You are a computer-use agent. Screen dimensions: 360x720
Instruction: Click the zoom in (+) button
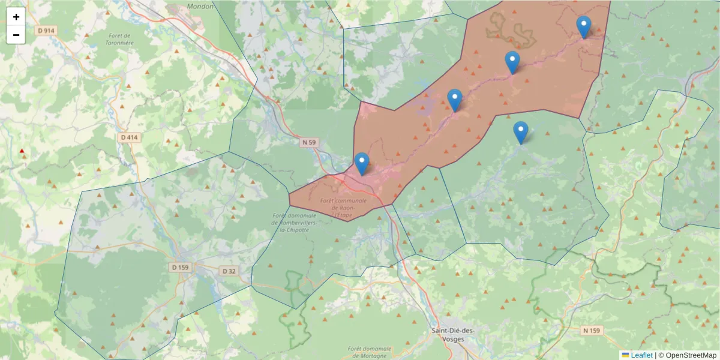(x=16, y=17)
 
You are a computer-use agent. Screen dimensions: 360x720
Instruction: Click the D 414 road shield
(x=129, y=137)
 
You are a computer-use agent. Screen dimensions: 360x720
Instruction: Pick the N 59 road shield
(x=309, y=142)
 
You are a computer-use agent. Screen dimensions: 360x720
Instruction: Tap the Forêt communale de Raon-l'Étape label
(x=343, y=208)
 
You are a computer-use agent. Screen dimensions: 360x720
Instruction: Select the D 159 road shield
(x=180, y=267)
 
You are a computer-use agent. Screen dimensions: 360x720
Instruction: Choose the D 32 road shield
(x=229, y=271)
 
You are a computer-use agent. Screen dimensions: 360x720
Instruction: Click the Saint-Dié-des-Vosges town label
(x=453, y=334)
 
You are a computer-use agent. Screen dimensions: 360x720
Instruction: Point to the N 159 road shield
(x=591, y=331)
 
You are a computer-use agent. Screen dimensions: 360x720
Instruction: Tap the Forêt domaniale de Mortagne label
(x=369, y=352)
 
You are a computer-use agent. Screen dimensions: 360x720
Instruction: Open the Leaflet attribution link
(x=641, y=355)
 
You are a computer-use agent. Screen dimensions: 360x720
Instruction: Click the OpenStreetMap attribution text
(x=691, y=355)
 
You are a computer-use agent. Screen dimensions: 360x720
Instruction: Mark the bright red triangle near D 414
(x=22, y=151)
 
